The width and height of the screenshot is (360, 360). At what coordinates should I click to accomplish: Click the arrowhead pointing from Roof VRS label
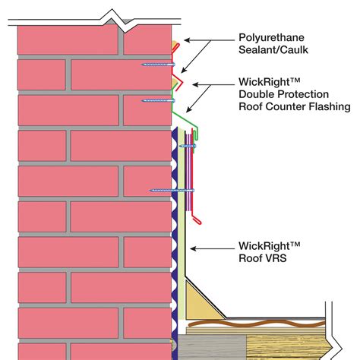click(194, 248)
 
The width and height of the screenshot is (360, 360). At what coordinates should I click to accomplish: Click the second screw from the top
click(158, 99)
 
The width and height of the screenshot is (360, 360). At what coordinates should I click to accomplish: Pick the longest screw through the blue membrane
click(172, 189)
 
